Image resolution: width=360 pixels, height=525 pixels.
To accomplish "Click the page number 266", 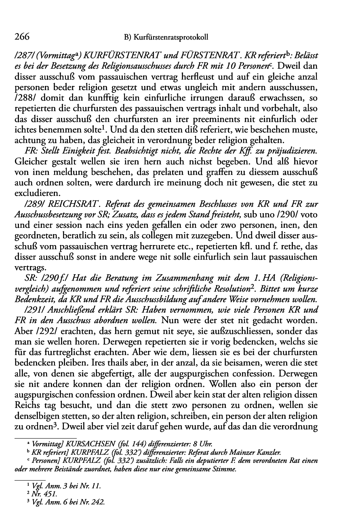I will (x=22, y=37).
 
